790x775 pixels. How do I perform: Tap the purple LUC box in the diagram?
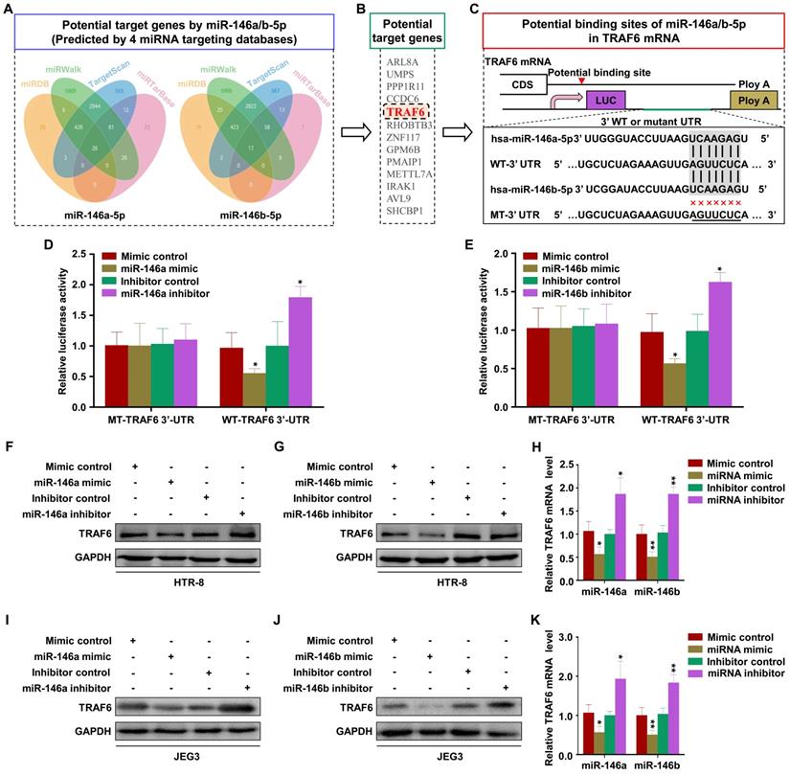605,99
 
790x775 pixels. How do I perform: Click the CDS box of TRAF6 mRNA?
516,84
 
